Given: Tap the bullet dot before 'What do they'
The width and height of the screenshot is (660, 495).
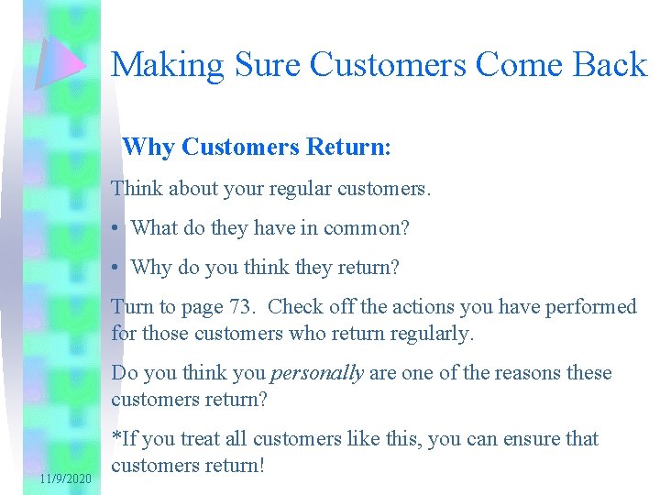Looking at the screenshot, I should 116,228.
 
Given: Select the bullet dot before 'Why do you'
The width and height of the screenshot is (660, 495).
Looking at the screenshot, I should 116,268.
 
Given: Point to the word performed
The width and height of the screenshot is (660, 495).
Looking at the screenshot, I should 593,306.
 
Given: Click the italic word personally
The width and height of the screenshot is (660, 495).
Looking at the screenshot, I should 316,373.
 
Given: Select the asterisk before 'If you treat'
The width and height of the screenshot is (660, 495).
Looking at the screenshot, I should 115,437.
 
